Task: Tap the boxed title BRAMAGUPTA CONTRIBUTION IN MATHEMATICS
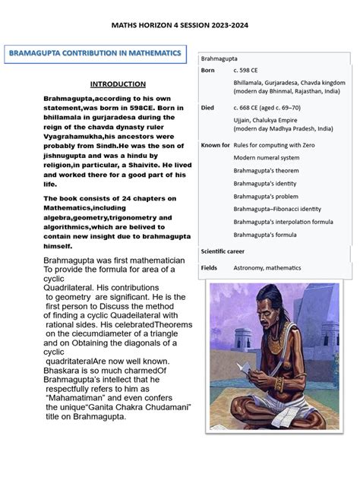point(95,54)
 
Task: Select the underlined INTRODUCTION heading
point(118,84)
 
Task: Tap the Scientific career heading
point(229,251)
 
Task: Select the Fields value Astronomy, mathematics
point(267,268)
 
